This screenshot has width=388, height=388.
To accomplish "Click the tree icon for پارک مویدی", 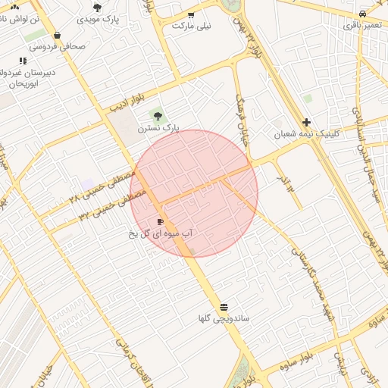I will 97,8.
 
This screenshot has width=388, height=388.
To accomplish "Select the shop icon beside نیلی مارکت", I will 191,14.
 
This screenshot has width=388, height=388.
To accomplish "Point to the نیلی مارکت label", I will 192,25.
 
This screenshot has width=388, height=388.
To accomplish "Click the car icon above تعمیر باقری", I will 363,14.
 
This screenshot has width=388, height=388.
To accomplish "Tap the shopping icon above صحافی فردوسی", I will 58,35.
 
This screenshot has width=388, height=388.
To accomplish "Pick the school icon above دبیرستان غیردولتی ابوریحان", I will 23,61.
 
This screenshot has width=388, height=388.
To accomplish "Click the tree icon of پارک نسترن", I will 158,116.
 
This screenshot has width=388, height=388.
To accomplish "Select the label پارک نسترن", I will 158,128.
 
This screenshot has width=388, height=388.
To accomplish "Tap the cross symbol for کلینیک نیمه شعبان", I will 306,122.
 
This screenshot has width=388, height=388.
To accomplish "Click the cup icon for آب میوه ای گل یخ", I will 160,221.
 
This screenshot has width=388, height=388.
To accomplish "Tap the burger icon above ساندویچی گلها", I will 224,307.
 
